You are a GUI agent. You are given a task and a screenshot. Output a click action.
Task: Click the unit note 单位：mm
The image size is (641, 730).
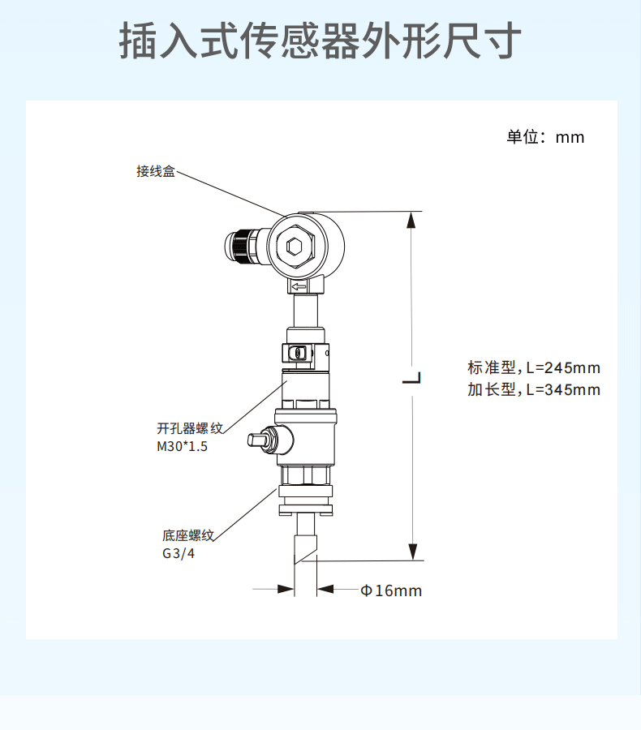point(545,137)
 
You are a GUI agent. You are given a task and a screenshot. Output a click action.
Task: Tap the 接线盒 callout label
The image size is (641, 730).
point(155,172)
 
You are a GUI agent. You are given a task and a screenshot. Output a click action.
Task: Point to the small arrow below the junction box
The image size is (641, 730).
point(299,286)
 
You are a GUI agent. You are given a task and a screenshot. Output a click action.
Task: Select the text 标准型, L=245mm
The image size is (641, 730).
point(533,368)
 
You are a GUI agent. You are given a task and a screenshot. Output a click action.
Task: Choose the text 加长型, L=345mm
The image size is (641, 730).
point(533,389)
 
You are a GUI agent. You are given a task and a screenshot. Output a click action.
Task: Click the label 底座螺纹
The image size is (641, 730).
point(187,535)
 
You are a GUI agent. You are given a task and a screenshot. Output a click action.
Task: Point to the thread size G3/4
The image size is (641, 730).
point(179,555)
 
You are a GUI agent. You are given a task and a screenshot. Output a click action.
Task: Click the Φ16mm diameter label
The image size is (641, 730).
point(391,590)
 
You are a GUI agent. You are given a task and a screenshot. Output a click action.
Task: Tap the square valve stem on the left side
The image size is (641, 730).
point(259,440)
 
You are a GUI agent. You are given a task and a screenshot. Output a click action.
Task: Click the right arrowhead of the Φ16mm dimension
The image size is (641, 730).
point(325,590)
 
